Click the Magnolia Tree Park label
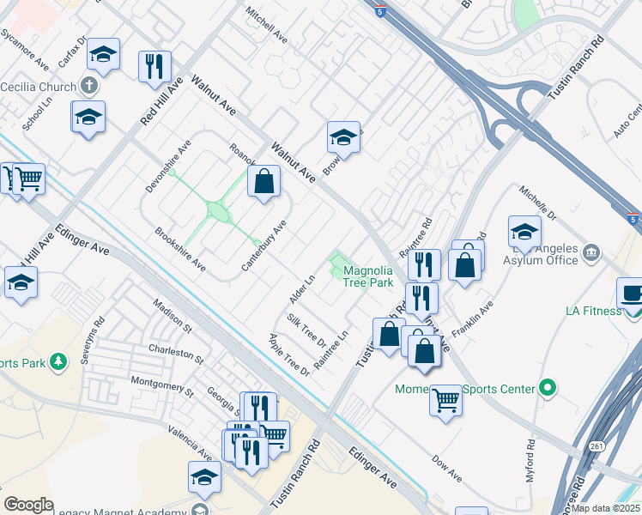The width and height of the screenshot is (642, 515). click(368, 276)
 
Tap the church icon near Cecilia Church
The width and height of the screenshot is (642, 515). click(88, 86)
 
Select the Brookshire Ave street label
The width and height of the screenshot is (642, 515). click(180, 246)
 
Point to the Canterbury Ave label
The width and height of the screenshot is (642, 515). click(263, 246)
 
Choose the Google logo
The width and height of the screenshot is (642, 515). click(28, 505)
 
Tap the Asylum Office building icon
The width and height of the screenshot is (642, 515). click(591, 252)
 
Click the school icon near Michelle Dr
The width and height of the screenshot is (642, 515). click(524, 231)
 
